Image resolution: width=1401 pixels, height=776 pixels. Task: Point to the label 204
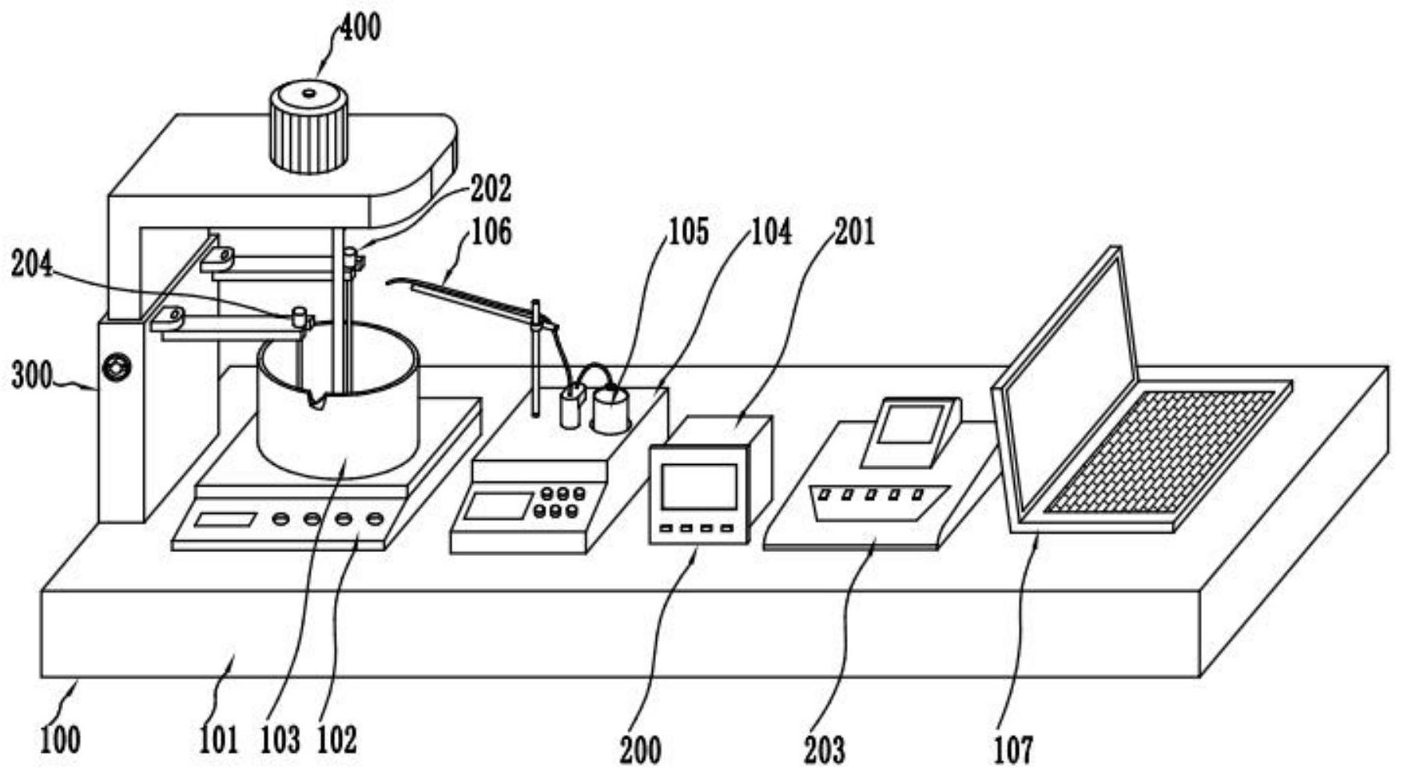click(31, 265)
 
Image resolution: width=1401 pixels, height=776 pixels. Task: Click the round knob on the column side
click(118, 366)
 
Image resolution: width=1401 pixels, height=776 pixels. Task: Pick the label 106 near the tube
click(491, 232)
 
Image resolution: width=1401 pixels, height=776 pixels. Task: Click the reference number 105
click(688, 232)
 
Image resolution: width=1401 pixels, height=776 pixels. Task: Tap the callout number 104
click(771, 232)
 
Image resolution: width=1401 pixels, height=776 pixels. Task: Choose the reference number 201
click(855, 232)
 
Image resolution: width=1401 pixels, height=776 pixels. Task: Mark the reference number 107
click(1013, 749)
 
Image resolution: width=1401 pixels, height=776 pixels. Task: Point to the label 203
click(825, 749)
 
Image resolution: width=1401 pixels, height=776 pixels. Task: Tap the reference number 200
click(640, 749)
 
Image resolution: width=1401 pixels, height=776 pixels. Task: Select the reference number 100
click(59, 739)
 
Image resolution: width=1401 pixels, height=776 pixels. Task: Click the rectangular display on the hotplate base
click(225, 519)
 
